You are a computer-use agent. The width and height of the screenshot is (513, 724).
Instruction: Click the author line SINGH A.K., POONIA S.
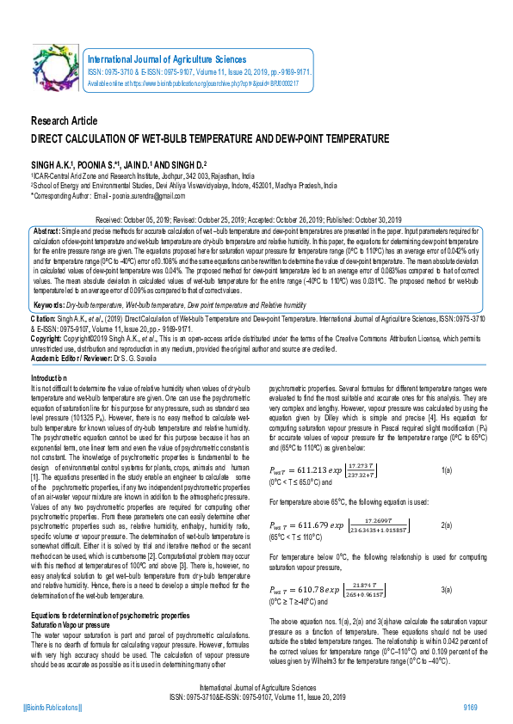[x=119, y=163]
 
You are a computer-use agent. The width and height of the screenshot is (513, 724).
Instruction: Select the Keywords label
[x=48, y=305]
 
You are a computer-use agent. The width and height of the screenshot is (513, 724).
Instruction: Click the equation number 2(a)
[x=447, y=524]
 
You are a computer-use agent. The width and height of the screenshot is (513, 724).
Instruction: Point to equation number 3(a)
[x=447, y=589]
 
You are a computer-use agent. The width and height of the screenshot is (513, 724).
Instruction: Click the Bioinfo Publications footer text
[x=53, y=706]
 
